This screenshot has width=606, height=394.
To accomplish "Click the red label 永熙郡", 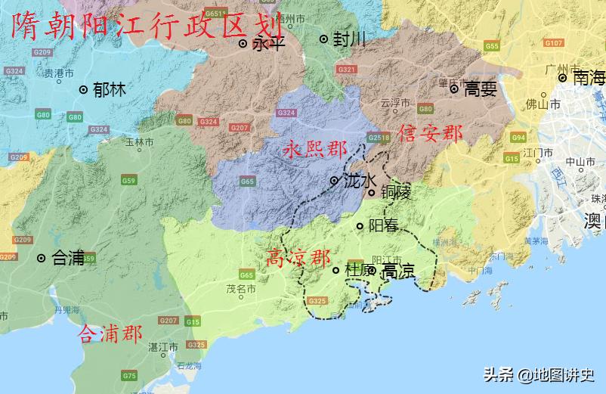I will (314, 149).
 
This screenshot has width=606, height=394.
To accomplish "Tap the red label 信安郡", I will (431, 135).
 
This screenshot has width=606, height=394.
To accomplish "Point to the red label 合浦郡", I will (110, 334).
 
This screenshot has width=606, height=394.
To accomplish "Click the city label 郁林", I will (109, 89).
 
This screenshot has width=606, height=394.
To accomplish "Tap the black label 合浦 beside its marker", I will (67, 258).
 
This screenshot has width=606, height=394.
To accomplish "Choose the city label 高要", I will (480, 89).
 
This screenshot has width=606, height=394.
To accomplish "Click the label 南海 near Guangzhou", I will (589, 77).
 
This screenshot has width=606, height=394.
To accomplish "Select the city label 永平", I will (268, 44).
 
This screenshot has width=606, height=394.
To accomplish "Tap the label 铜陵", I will (395, 193).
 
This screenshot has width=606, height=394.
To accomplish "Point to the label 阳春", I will (383, 225).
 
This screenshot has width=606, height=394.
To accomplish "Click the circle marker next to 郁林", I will (83, 89).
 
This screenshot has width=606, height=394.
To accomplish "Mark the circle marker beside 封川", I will (323, 39).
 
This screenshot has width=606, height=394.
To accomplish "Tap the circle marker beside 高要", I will (454, 88).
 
